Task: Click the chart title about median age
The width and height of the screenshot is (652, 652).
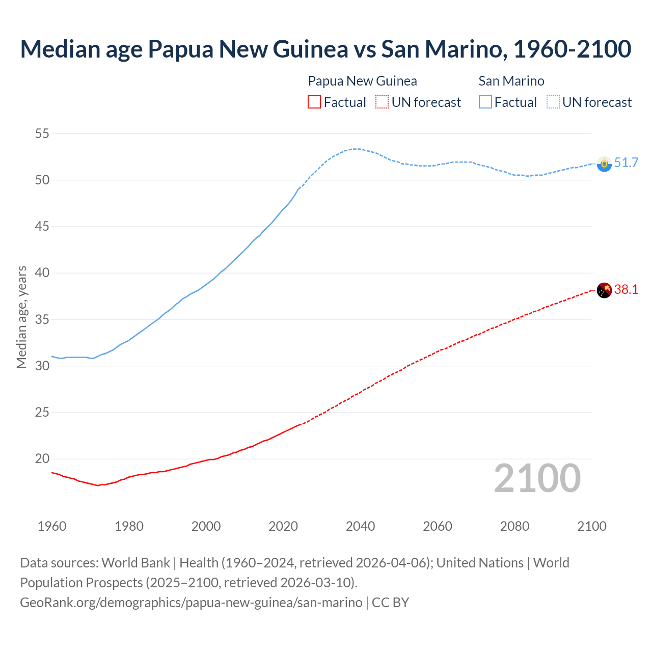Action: [x=325, y=49]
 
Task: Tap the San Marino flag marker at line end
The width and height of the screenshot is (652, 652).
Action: [x=604, y=164]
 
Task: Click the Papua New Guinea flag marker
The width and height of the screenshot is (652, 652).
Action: [x=604, y=290]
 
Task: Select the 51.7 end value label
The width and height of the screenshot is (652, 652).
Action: [x=626, y=163]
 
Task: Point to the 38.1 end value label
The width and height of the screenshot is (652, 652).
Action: [x=626, y=290]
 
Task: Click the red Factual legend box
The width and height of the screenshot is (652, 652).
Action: [x=314, y=102]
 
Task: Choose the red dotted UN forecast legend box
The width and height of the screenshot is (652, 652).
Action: [x=382, y=102]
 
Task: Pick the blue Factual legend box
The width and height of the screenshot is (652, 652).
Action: [x=485, y=102]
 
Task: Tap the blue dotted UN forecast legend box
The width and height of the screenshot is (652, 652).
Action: [x=553, y=102]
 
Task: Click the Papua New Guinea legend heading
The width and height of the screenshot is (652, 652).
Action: [x=362, y=81]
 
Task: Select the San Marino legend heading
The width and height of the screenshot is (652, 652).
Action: [x=511, y=81]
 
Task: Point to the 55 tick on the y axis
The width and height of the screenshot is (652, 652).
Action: [x=42, y=134]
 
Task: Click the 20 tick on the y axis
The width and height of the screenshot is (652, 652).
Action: [x=42, y=459]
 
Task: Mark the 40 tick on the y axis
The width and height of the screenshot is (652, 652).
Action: [x=42, y=273]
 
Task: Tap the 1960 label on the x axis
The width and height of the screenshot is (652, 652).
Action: [x=52, y=526]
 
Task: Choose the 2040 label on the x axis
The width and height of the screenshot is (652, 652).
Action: [x=360, y=526]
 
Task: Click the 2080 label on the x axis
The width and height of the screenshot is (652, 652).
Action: [x=514, y=526]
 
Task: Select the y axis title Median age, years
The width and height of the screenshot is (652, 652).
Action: [x=21, y=317]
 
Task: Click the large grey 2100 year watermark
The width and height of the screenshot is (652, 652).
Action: [x=537, y=478]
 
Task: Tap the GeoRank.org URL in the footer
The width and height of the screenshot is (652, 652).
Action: [x=191, y=603]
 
